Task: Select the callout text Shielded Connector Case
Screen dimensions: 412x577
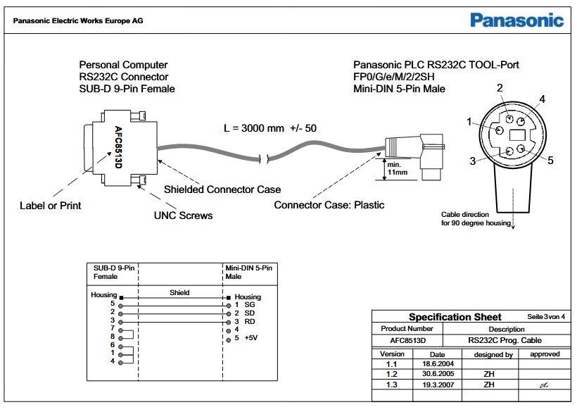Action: pos(222,189)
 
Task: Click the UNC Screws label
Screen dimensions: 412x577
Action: pos(183,215)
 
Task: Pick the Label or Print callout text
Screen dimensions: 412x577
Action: pos(50,206)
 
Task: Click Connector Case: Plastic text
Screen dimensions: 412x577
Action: pos(329,205)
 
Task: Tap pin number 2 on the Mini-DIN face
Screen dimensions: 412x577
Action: pos(500,88)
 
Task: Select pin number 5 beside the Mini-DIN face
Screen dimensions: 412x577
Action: pos(550,161)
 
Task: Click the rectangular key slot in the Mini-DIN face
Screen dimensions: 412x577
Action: pos(517,134)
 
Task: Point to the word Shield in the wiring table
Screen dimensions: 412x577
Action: pos(179,292)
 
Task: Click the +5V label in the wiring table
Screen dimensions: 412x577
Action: pos(251,338)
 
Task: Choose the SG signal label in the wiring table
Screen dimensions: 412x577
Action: pos(249,304)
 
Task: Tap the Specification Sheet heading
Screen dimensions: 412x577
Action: pos(455,317)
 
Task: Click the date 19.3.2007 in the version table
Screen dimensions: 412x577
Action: pos(438,385)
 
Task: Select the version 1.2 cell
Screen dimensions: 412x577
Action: pos(392,375)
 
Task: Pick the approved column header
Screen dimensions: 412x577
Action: pos(544,354)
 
